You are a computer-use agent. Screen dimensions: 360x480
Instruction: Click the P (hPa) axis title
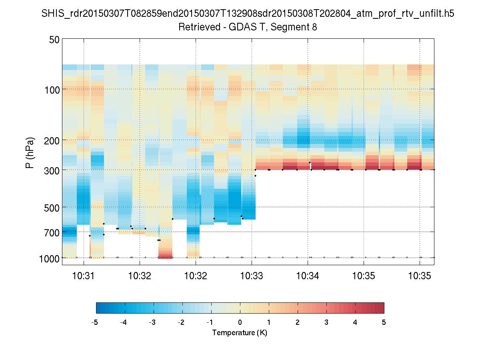tap(30, 153)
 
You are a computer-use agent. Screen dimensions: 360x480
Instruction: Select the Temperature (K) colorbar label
tap(240, 333)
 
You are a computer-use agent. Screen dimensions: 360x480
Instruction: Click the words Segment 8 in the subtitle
tap(295, 27)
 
